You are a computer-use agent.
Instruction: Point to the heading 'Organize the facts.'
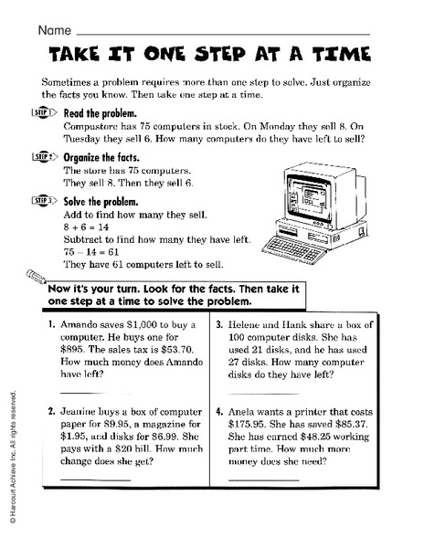click(x=101, y=156)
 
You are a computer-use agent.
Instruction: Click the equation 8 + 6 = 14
click(x=89, y=227)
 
